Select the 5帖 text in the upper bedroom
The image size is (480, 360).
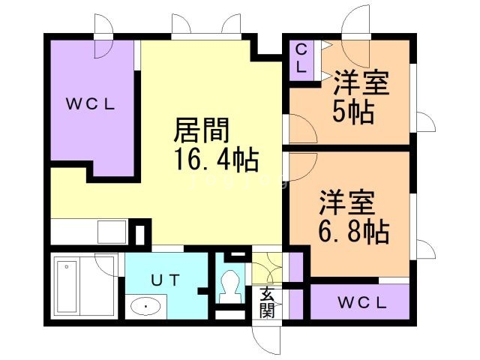353,112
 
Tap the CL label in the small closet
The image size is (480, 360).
301,58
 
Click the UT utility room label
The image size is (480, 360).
166,280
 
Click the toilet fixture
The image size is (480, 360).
230,284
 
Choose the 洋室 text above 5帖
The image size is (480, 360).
361,82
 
